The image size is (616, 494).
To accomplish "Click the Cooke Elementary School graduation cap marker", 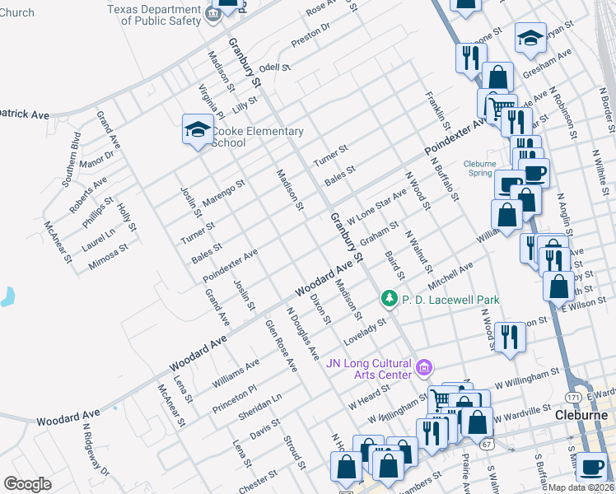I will pyautogui.click(x=198, y=129).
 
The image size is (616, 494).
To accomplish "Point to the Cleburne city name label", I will pyautogui.click(x=581, y=415).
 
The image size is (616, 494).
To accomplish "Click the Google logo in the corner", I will pyautogui.click(x=28, y=484).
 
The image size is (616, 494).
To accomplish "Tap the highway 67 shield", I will pyautogui.click(x=488, y=445).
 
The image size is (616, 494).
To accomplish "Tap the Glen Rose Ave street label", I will pyautogui.click(x=280, y=345).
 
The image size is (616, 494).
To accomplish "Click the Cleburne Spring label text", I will pyautogui.click(x=479, y=168).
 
